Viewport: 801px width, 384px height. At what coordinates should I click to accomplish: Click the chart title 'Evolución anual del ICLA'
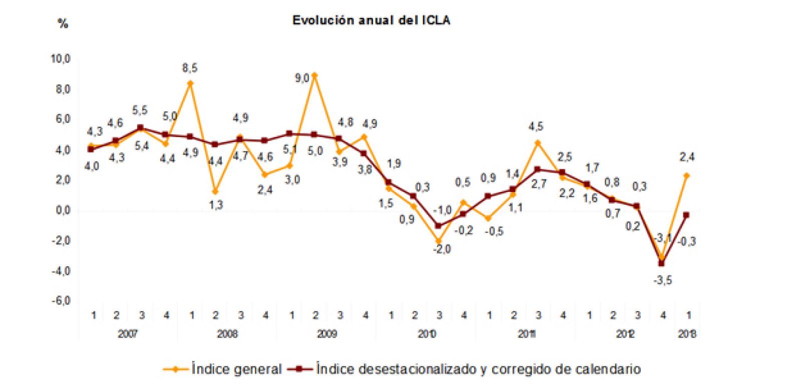click(371, 20)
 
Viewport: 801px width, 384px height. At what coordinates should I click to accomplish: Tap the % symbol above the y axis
click(63, 23)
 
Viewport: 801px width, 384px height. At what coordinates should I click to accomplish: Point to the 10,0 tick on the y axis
click(61, 59)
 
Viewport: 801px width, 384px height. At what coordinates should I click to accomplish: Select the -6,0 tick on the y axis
click(61, 301)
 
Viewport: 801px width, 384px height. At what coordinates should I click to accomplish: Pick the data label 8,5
click(190, 68)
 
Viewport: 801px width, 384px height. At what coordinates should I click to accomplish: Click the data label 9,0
click(302, 78)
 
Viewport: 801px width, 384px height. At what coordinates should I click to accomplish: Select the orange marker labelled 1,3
click(215, 191)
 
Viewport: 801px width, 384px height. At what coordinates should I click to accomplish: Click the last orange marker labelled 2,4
click(686, 175)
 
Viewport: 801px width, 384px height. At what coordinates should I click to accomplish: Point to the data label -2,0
click(442, 249)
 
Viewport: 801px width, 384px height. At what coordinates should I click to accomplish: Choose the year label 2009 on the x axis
click(326, 334)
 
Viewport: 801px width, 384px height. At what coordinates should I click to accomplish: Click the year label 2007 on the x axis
click(128, 334)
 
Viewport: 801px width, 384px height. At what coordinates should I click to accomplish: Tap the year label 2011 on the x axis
click(527, 334)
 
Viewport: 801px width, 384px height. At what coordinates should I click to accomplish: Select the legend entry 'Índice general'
click(236, 369)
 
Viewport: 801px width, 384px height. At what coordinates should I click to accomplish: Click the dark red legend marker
click(299, 369)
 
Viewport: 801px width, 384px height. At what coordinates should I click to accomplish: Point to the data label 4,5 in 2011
click(536, 127)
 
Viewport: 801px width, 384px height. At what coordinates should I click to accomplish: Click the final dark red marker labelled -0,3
click(686, 215)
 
